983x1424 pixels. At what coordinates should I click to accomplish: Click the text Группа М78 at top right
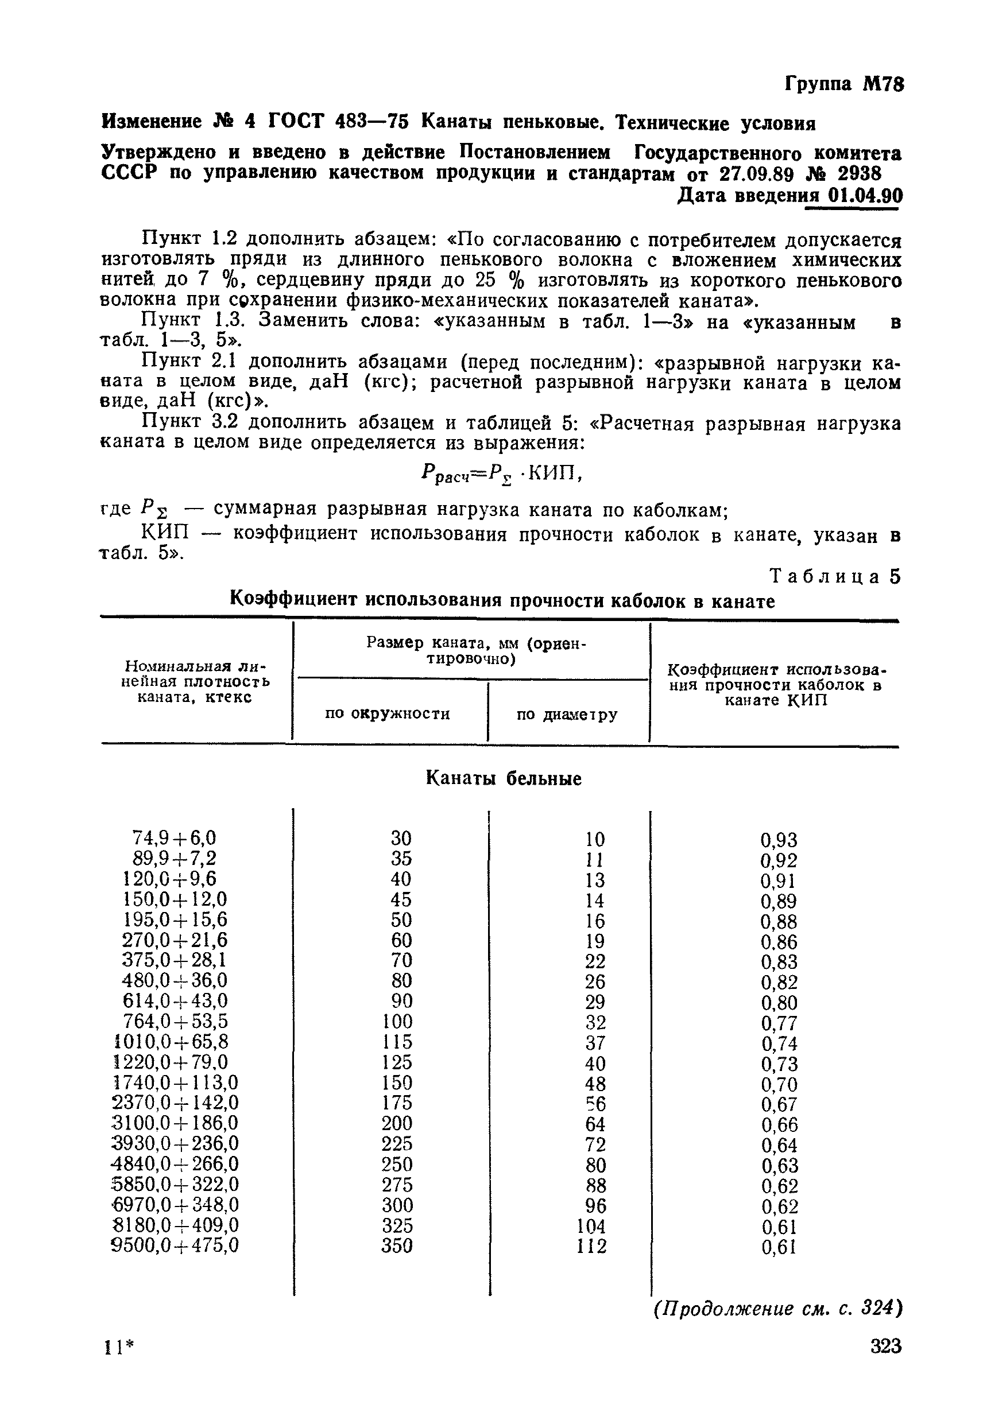843,84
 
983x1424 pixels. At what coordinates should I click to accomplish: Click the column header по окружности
388,713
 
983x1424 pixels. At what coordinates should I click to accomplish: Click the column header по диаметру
567,715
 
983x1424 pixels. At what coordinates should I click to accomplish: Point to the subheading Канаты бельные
503,779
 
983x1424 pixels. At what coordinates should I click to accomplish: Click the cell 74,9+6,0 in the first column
175,838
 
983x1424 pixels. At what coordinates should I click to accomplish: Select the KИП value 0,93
779,840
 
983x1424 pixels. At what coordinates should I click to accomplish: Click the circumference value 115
397,1042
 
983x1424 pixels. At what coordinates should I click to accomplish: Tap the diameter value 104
591,1226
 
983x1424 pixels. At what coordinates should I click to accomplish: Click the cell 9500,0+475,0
175,1246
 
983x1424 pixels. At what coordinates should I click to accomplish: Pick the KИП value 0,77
779,1023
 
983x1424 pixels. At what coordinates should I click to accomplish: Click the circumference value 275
397,1185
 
